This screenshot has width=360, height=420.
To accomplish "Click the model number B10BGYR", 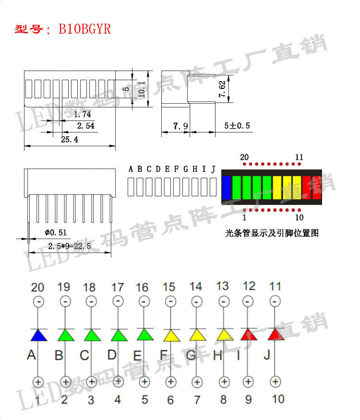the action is point(84,29).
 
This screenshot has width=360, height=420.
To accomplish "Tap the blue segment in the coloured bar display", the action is point(227,188).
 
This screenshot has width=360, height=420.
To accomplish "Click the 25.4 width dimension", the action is point(70,139).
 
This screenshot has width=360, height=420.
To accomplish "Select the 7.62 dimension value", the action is point(222,90).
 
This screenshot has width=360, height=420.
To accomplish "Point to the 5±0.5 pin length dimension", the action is point(238,126).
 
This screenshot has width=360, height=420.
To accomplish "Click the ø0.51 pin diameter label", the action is point(55,233).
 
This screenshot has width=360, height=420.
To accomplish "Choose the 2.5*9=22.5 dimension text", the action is point(70,246).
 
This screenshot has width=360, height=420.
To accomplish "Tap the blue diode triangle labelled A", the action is point(38,336).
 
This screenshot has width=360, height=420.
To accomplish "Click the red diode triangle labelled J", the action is point(276,335).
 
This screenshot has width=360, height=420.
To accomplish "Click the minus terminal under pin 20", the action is point(38,301).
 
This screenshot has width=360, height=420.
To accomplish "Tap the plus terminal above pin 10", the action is point(275,382).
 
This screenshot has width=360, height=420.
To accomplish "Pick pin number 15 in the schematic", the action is point(169,287).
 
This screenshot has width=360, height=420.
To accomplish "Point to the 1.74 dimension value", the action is point(82,114).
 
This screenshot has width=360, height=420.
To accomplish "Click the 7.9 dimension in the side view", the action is point(180,126).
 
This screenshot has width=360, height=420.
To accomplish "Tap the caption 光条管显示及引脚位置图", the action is point(272,233).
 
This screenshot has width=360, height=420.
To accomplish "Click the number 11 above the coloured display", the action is point(299,157).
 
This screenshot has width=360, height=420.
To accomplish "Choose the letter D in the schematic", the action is point(111,355).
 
